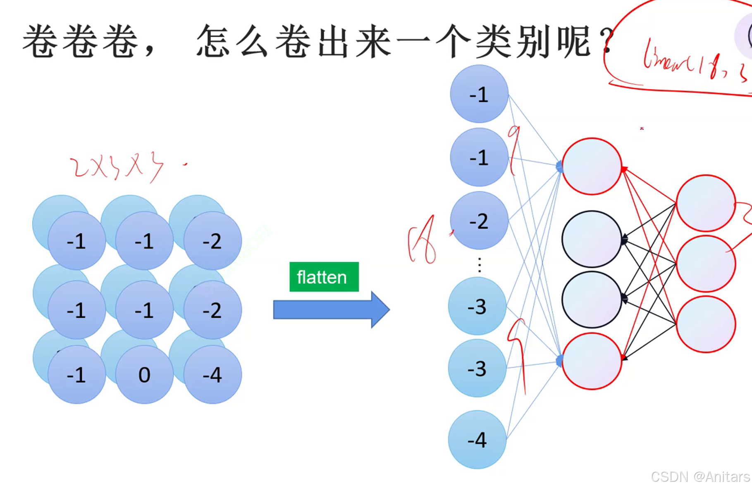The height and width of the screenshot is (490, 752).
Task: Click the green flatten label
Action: pyautogui.click(x=324, y=277)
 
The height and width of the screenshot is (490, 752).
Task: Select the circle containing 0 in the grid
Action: pyautogui.click(x=144, y=374)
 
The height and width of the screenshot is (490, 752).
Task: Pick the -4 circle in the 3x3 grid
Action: pyautogui.click(x=212, y=374)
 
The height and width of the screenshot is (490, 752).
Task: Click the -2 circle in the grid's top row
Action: pyautogui.click(x=212, y=240)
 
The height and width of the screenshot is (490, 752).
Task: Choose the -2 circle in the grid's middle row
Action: pyautogui.click(x=212, y=310)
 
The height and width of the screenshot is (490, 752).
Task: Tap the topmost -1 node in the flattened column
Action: pyautogui.click(x=479, y=94)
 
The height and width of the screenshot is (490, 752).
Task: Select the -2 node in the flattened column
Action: pyautogui.click(x=479, y=221)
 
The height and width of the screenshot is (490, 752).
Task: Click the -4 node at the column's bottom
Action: pyautogui.click(x=477, y=440)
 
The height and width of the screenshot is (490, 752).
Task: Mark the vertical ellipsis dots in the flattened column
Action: pyautogui.click(x=480, y=265)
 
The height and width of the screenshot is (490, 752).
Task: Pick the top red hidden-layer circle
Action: pyautogui.click(x=592, y=167)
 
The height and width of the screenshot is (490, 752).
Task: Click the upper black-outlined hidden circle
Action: pyautogui.click(x=592, y=239)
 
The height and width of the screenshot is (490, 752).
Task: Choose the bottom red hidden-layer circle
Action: pyautogui.click(x=592, y=361)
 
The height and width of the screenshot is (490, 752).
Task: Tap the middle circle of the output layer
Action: pyautogui.click(x=706, y=264)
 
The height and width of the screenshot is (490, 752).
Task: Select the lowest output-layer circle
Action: pyautogui.click(x=706, y=324)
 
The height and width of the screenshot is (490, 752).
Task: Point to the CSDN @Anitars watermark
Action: pyautogui.click(x=700, y=477)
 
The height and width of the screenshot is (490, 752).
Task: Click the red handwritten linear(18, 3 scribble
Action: pyautogui.click(x=695, y=62)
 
